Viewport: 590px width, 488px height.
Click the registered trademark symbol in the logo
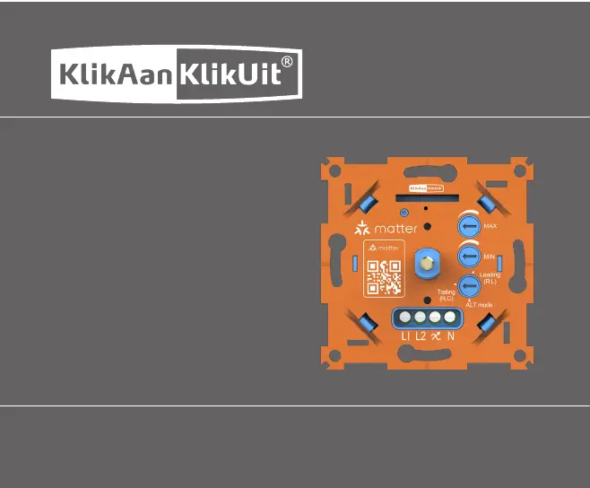tap(287, 62)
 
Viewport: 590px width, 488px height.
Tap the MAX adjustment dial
tap(469, 225)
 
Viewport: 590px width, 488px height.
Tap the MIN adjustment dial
tap(469, 257)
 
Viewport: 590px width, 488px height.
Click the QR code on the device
tap(385, 278)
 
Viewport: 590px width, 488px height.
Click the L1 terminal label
tap(405, 336)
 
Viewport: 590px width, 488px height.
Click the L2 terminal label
tap(421, 336)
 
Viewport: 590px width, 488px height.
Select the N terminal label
tap(451, 336)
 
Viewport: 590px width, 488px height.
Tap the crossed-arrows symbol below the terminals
tap(436, 336)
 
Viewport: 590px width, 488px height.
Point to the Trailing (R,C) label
tap(446, 295)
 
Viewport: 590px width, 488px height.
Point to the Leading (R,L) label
tap(490, 278)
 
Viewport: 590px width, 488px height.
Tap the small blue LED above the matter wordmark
tap(405, 212)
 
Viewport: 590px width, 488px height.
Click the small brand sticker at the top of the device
tap(427, 187)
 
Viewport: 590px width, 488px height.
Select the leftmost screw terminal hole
tap(405, 318)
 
